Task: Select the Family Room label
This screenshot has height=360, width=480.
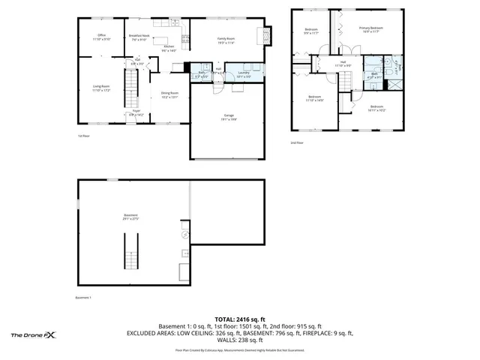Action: click(226, 40)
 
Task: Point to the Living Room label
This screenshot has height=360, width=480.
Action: click(100, 88)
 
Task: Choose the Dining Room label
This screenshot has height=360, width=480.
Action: click(169, 95)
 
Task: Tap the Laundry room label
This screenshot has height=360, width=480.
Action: click(244, 74)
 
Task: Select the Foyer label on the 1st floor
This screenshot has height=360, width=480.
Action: click(137, 112)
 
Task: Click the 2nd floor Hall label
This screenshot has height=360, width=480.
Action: click(343, 64)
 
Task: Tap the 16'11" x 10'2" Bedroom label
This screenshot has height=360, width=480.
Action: click(376, 108)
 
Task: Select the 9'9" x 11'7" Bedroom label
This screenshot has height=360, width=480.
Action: click(311, 31)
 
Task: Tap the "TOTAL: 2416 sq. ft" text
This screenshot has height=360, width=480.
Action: click(239, 319)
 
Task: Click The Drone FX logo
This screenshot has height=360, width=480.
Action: click(34, 335)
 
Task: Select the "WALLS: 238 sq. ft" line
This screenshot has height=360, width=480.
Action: click(239, 340)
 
